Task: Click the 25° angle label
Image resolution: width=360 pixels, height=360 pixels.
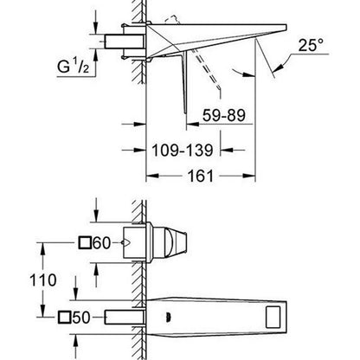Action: point(311,45)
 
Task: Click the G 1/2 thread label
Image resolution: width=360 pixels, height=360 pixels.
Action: point(73,67)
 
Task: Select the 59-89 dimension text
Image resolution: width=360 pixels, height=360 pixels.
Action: point(224,115)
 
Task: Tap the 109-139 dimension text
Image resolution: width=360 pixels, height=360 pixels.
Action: point(183,150)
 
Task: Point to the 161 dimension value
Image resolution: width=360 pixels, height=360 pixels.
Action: point(201,176)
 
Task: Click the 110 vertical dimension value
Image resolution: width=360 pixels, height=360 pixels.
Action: point(43,280)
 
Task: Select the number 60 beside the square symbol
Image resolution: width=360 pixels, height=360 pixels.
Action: point(102,243)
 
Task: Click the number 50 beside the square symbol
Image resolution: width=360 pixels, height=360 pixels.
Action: point(81,318)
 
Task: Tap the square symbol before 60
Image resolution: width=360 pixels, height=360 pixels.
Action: point(85,243)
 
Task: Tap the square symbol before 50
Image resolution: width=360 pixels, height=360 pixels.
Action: point(64,318)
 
